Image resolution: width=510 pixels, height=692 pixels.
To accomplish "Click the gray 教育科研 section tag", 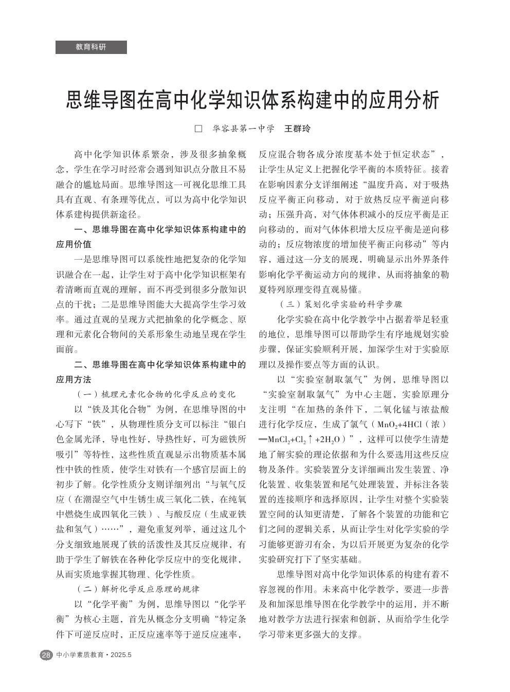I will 91,47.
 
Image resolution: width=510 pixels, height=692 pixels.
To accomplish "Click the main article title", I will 253,100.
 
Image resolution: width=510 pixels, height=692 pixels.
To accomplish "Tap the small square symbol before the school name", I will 198,128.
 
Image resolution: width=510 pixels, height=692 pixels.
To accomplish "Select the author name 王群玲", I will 298,128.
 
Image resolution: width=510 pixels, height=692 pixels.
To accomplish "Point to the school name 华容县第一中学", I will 243,128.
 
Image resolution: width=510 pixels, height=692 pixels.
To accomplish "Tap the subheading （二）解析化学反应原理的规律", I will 138,589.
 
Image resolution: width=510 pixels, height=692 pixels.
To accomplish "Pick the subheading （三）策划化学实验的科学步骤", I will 340,304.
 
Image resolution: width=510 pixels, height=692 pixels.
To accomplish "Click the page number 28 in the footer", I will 46,655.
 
